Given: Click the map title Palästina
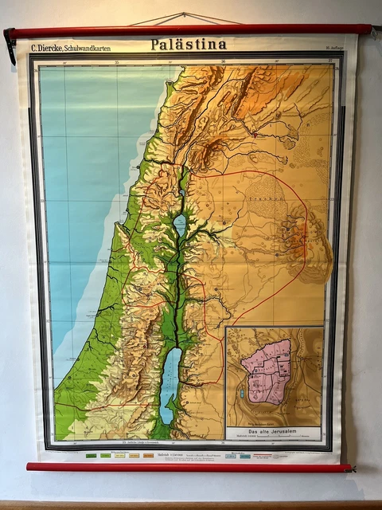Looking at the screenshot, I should (x=189, y=45).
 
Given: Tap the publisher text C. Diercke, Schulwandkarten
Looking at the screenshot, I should (x=71, y=49).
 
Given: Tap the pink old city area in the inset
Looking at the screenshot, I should (x=267, y=371).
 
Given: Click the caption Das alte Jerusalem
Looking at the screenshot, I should (x=271, y=431).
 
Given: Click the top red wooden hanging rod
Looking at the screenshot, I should (x=191, y=31).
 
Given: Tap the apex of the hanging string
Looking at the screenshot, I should (x=185, y=14).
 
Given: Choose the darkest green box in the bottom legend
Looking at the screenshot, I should (x=90, y=456).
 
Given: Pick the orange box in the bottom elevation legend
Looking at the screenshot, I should (x=147, y=456).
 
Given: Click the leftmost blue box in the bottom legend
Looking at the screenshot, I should (x=231, y=456).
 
